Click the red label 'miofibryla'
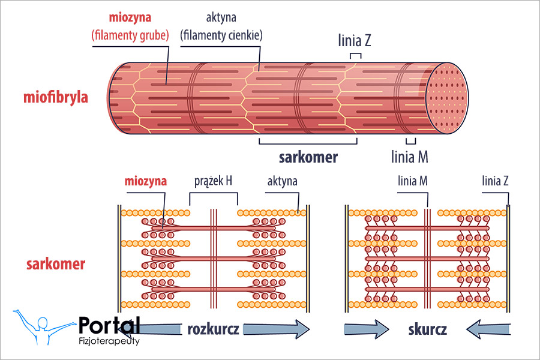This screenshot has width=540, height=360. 56,97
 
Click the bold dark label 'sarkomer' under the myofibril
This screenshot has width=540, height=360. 308,157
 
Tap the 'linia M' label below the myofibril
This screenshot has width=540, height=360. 409,157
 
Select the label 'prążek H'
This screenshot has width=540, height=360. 213,181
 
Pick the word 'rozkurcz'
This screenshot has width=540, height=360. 214,329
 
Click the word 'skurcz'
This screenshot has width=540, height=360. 427,329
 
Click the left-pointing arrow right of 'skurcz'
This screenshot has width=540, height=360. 491,329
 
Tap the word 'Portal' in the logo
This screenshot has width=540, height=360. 109,325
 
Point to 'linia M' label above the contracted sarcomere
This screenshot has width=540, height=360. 413,181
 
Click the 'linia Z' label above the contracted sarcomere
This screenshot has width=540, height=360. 496,181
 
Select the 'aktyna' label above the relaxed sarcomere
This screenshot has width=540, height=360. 282,181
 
